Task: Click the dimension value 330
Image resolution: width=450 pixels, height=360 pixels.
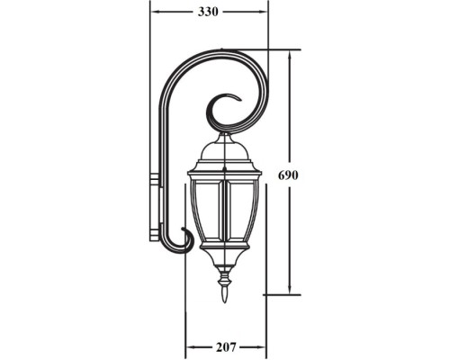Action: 208,12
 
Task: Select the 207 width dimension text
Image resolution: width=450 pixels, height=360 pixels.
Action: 225,346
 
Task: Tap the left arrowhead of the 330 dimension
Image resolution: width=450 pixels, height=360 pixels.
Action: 154,12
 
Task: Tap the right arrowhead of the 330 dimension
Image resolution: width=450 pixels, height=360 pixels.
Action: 264,12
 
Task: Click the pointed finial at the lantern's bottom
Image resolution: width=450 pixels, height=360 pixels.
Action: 224,291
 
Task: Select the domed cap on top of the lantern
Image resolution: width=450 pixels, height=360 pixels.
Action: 224,148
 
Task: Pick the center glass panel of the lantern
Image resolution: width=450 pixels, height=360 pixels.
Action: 224,211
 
